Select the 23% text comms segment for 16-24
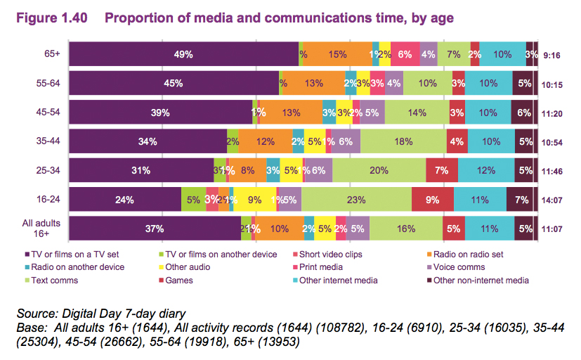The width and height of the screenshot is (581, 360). tap(356, 200)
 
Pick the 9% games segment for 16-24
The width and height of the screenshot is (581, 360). tap(433, 200)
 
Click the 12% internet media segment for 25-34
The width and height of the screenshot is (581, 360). tap(485, 170)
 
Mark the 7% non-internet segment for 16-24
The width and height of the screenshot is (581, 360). tap(521, 200)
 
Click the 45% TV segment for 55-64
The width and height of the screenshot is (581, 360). tap(174, 83)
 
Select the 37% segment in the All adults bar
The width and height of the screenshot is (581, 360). tap(155, 229)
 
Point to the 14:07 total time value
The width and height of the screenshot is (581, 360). tap(551, 200)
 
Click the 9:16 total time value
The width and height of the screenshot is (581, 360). tap(551, 54)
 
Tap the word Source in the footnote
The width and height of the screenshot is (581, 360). tap(32, 314)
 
